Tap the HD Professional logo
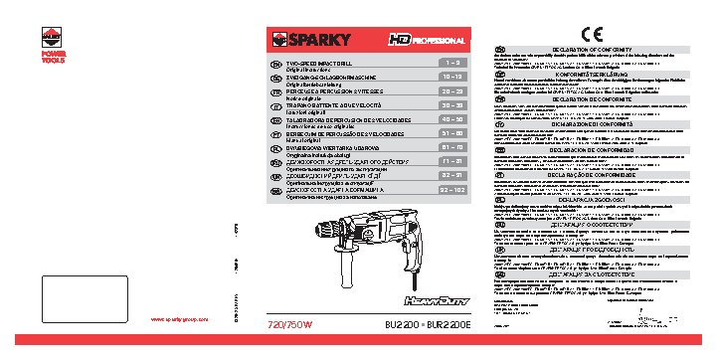(428, 41)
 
